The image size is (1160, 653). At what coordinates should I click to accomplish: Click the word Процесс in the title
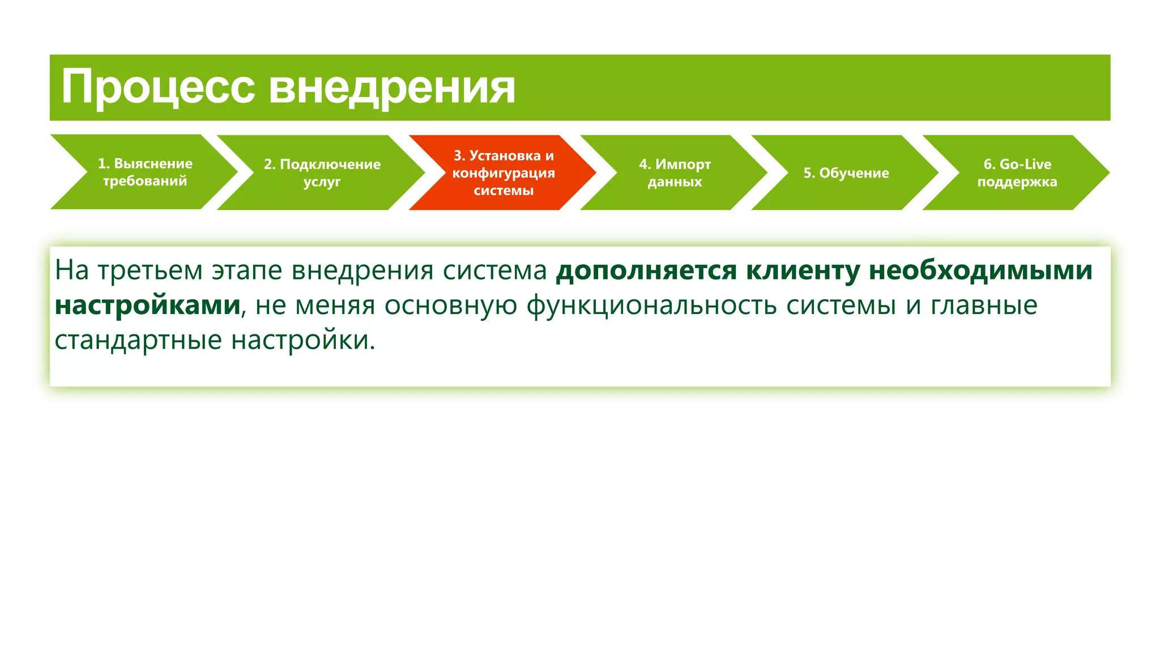coord(158,87)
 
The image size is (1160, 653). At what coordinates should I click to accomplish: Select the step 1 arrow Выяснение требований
coord(145,172)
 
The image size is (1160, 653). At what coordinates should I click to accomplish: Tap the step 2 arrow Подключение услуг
coord(322,172)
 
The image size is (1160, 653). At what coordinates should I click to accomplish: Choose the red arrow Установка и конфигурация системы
coord(504,172)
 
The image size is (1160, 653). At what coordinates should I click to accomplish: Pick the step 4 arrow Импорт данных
coord(675,172)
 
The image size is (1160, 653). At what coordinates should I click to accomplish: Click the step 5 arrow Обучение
coord(846,173)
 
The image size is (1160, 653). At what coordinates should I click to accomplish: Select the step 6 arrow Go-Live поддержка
coord(1017,172)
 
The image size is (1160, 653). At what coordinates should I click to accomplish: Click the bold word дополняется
coord(646,270)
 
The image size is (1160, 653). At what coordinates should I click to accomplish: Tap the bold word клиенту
coord(803,270)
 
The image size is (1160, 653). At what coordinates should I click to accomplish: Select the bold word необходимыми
coord(980,270)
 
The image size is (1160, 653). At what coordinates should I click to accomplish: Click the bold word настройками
coord(148,305)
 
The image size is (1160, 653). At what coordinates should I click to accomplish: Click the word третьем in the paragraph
coord(150,270)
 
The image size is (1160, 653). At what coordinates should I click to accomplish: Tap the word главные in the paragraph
coord(984,306)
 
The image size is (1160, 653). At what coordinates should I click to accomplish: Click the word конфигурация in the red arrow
coord(504,173)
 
